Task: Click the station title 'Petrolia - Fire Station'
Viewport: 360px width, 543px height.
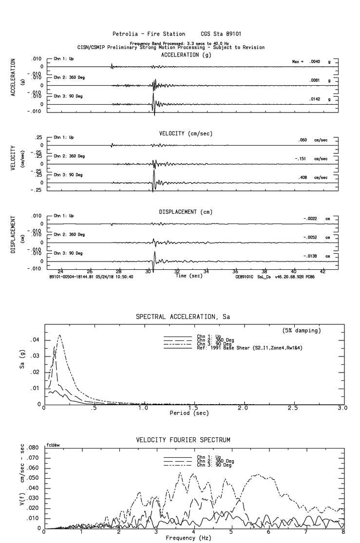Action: point(149,34)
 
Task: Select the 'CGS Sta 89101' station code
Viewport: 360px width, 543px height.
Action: point(221,34)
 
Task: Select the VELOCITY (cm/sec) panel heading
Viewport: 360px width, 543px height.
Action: point(186,133)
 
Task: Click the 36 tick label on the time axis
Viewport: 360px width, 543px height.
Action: point(236,271)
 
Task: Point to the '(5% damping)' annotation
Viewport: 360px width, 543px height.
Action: point(302,331)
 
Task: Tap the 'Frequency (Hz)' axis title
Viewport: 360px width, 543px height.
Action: point(188,538)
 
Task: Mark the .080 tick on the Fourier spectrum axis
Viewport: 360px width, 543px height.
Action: point(33,448)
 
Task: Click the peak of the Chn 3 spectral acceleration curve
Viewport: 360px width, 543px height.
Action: point(60,335)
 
